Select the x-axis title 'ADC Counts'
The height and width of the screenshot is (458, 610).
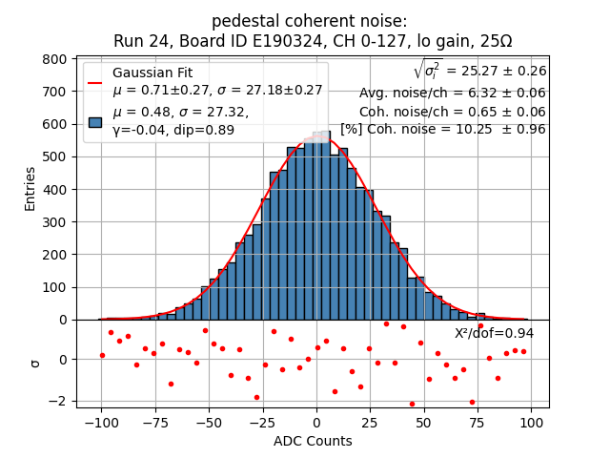click(313, 441)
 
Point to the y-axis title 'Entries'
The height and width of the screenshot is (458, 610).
click(30, 188)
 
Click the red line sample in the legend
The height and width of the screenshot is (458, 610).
click(95, 82)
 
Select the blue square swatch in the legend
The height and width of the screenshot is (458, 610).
click(95, 121)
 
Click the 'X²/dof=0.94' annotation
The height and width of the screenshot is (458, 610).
click(494, 333)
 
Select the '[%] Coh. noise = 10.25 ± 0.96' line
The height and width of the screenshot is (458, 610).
click(443, 130)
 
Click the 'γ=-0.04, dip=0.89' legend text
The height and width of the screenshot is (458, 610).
click(173, 130)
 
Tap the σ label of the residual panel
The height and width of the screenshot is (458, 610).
click(36, 363)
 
